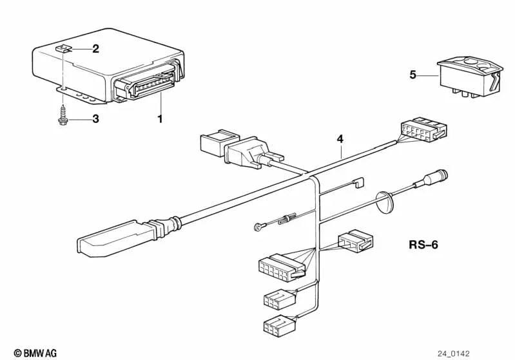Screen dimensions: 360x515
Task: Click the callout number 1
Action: [x=160, y=118]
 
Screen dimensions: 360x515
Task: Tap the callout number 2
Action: [x=95, y=48]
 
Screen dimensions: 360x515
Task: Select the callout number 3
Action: [x=95, y=119]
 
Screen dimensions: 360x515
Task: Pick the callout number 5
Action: [x=413, y=75]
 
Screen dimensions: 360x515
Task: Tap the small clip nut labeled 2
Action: [x=62, y=48]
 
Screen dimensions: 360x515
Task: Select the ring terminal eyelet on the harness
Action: [x=257, y=226]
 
